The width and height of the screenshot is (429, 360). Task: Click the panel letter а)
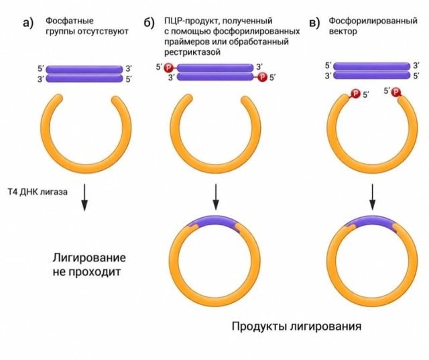(28, 23)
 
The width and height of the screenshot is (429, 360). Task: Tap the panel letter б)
(149, 22)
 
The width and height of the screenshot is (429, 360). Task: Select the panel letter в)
(314, 23)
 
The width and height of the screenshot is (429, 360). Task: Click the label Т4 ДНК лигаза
(38, 192)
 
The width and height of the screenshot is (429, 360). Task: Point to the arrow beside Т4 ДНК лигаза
(84, 197)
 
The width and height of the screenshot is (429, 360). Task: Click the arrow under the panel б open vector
(216, 196)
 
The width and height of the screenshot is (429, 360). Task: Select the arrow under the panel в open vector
(373, 196)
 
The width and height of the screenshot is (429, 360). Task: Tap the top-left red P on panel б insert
(168, 67)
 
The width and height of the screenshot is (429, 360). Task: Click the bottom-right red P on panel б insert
(262, 77)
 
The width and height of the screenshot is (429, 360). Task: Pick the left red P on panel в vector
(355, 94)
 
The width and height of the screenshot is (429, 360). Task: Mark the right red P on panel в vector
(395, 92)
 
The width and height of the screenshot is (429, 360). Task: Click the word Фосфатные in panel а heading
(70, 21)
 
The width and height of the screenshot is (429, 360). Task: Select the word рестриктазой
(192, 52)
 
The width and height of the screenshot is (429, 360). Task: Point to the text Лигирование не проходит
(89, 265)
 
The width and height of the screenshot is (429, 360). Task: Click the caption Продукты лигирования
(296, 326)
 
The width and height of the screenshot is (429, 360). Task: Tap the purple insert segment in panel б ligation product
(213, 222)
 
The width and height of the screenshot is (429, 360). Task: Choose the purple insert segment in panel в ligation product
(371, 222)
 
